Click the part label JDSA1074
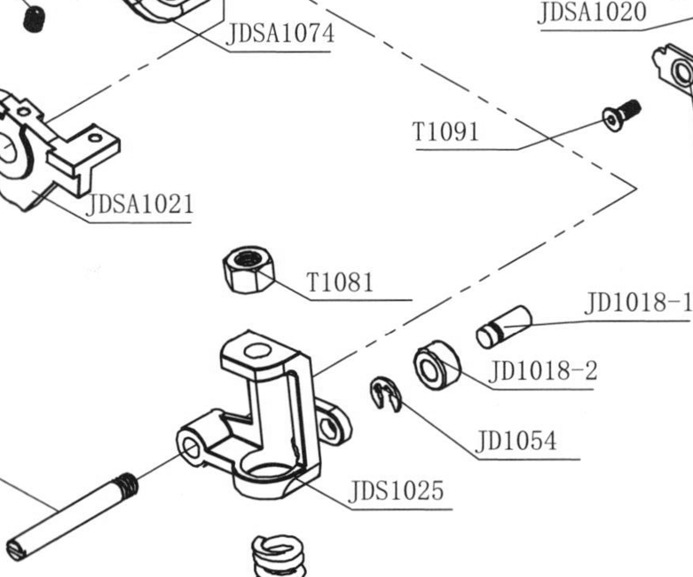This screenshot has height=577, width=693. tap(280, 34)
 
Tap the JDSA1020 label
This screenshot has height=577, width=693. tap(592, 12)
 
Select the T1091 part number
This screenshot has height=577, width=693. tap(445, 131)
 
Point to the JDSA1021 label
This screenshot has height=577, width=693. tap(140, 204)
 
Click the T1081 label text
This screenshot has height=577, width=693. tap(340, 282)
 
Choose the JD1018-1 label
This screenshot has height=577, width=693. tap(638, 303)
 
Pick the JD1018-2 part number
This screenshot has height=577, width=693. tap(543, 370)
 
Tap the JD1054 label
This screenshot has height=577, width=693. tap(516, 441)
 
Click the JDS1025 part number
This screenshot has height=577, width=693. tap(396, 490)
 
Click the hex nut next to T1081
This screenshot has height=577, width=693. tap(248, 269)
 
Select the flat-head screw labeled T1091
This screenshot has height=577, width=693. tap(621, 115)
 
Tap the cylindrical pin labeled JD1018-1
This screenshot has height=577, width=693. tap(504, 327)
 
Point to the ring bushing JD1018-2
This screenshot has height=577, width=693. tap(437, 365)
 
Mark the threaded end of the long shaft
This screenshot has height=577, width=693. tap(127, 484)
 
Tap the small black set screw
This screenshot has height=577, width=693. tap(34, 19)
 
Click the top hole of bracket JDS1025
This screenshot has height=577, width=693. tap(256, 351)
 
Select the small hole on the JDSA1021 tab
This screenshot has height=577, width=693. tap(96, 138)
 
